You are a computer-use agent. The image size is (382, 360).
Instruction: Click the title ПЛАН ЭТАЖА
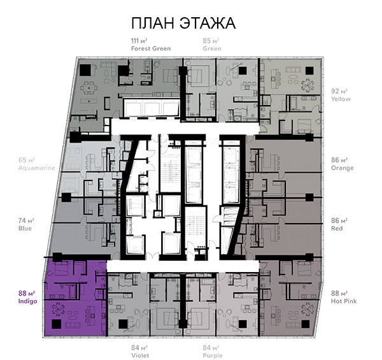pyautogui.click(x=183, y=23)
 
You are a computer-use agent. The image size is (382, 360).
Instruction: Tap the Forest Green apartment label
pyautogui.click(x=151, y=48)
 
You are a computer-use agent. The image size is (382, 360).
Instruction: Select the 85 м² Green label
pyautogui.click(x=212, y=45)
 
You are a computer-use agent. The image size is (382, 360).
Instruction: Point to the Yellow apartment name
pyautogui.click(x=341, y=99)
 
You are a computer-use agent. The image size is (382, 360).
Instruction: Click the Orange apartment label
pyautogui.click(x=342, y=168)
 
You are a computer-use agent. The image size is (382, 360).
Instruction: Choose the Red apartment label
pyautogui.click(x=337, y=228)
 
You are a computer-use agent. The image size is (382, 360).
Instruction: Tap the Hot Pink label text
pyautogui.click(x=344, y=301)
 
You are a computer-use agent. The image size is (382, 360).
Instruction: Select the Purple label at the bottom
pyautogui.click(x=213, y=356)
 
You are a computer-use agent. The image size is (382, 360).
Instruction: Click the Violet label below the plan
pyautogui.click(x=140, y=356)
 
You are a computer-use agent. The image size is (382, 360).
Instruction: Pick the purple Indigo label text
pyautogui.click(x=28, y=301)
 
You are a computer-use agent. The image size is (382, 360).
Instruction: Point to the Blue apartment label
pyautogui.click(x=25, y=228)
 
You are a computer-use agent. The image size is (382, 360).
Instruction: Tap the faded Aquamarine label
pyautogui.click(x=36, y=168)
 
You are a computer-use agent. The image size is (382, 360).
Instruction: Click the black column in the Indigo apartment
pyautogui.click(x=56, y=324)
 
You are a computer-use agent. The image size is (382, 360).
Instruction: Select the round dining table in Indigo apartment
pyautogui.click(x=58, y=310)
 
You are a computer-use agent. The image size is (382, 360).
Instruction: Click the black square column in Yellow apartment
pyautogui.click(x=309, y=71)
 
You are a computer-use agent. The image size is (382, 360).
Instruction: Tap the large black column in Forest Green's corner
pyautogui.click(x=86, y=70)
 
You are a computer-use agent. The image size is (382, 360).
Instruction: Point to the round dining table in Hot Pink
pyautogui.click(x=308, y=310)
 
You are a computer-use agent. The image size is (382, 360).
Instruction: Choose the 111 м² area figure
pyautogui.click(x=139, y=41)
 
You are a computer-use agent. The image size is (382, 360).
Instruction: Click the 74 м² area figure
pyautogui.click(x=26, y=220)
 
